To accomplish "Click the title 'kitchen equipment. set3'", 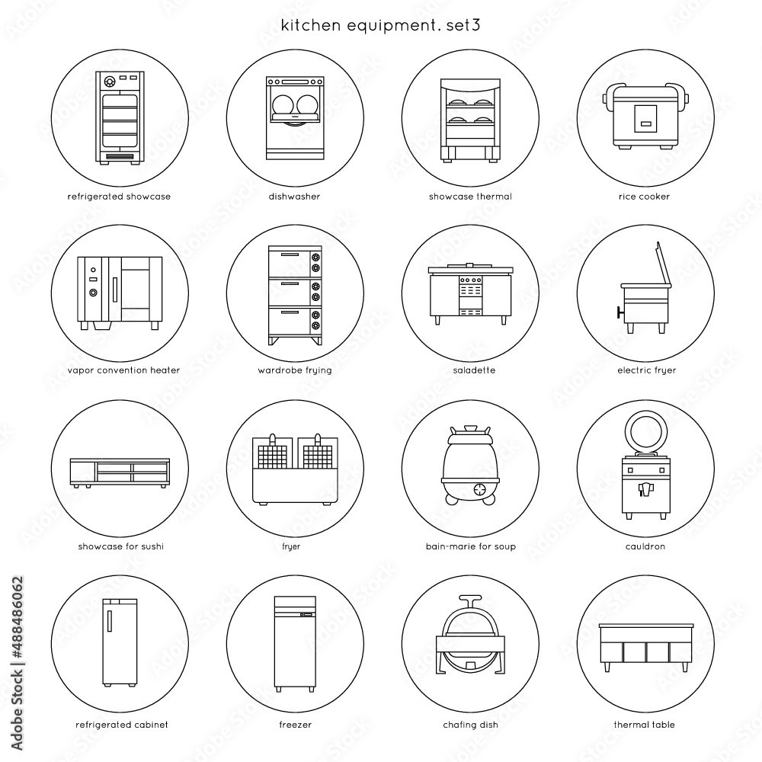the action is pyautogui.click(x=380, y=25).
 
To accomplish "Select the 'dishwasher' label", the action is pyautogui.click(x=294, y=197).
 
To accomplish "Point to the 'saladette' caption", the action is pyautogui.click(x=474, y=370).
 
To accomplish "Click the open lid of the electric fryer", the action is pyautogui.click(x=663, y=263).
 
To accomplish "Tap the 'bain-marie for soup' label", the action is pyautogui.click(x=470, y=546).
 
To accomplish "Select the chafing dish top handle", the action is pyautogui.click(x=470, y=600).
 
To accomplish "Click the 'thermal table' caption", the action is pyautogui.click(x=644, y=725).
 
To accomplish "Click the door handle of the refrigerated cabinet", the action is pyautogui.click(x=110, y=621).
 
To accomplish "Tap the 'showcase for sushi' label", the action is pyautogui.click(x=121, y=546).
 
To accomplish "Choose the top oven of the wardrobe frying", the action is pyautogui.click(x=295, y=261).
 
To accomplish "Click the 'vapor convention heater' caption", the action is pyautogui.click(x=123, y=370).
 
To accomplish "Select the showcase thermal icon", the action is pyautogui.click(x=470, y=120).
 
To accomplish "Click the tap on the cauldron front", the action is pyautogui.click(x=645, y=488).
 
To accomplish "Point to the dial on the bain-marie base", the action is pyautogui.click(x=481, y=489).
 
